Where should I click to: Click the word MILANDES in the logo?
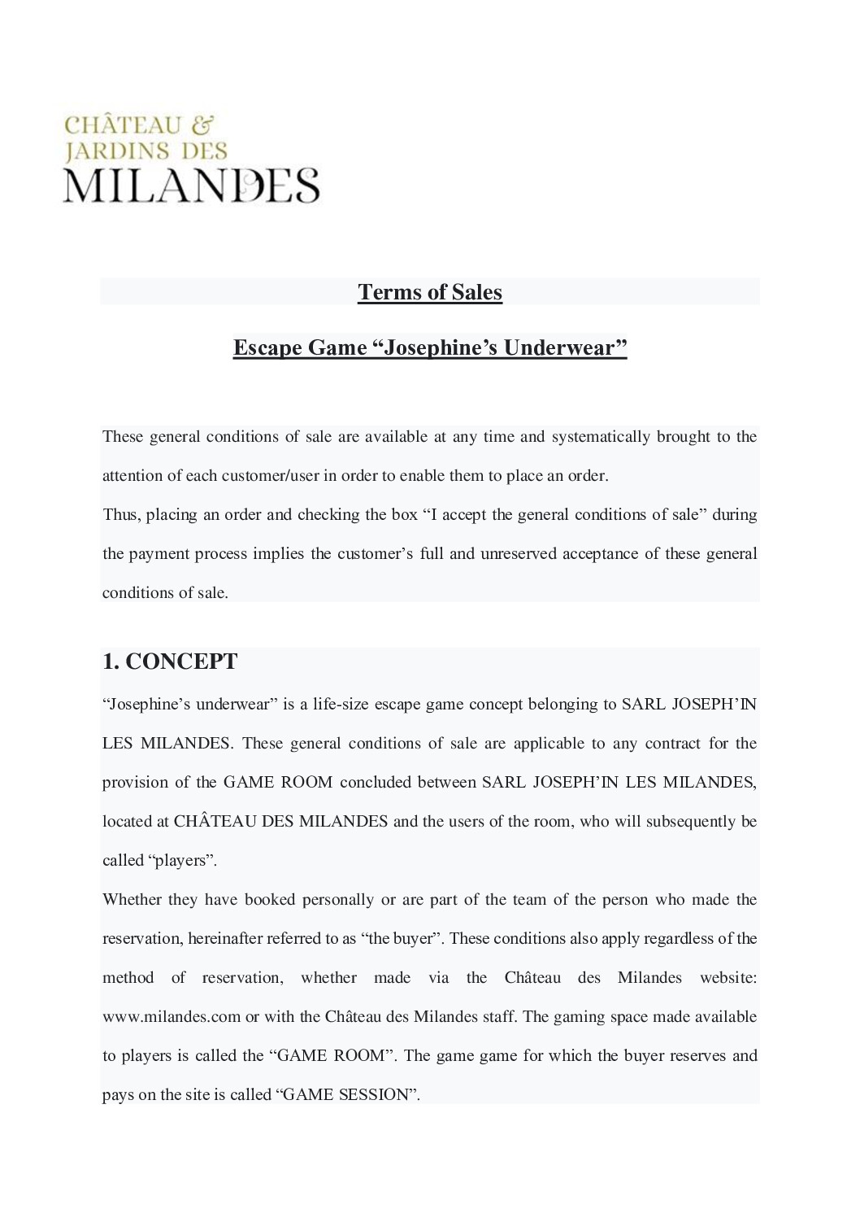point(192,185)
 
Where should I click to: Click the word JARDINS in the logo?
point(117,151)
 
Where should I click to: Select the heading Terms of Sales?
point(430,292)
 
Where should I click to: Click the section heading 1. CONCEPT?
point(170,661)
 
